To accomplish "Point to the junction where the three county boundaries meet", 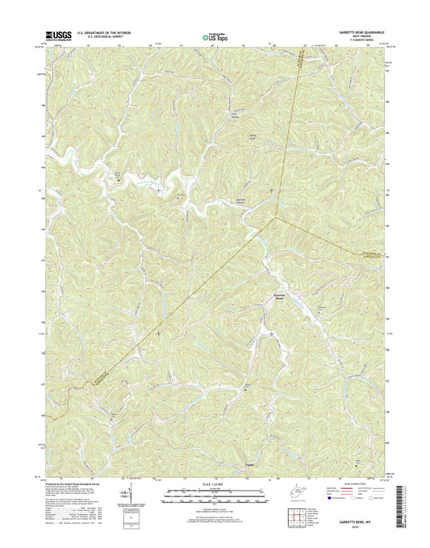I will tap(276, 216).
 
